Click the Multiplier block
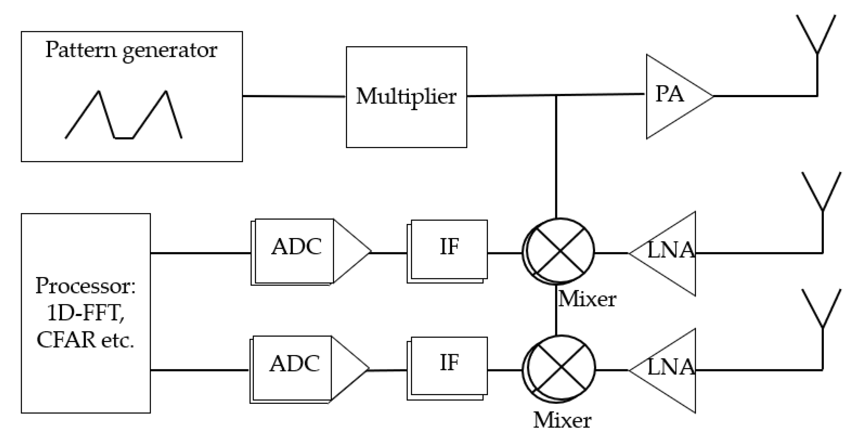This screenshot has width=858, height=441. (406, 97)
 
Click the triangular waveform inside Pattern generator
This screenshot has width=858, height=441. (123, 115)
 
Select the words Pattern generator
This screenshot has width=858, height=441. (131, 50)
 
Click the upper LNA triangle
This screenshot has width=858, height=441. (669, 253)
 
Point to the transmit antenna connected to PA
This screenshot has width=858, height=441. (817, 37)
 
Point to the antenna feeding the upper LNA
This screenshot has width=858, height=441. (822, 193)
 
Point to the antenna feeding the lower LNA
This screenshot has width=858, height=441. (822, 310)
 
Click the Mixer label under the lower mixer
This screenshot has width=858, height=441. (562, 420)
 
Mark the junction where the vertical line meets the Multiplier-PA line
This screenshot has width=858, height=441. (556, 96)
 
